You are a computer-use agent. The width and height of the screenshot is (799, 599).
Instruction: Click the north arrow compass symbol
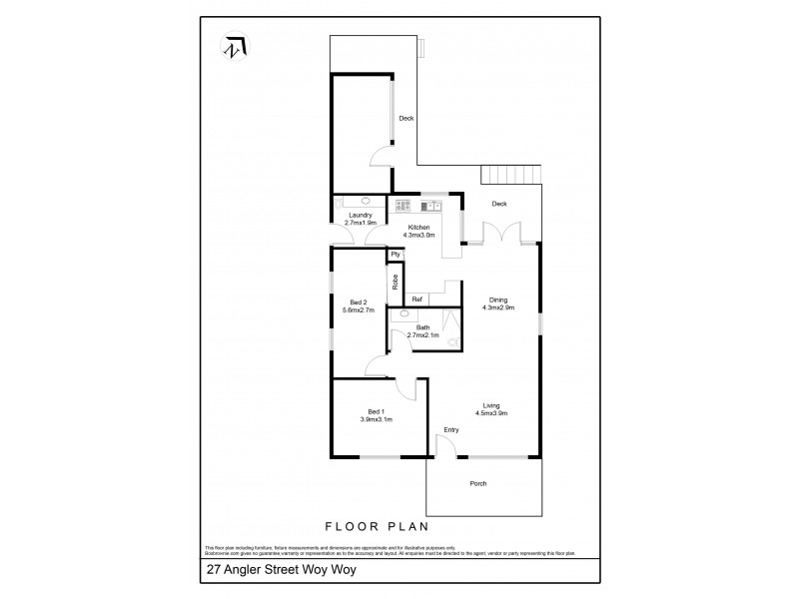click(x=234, y=47)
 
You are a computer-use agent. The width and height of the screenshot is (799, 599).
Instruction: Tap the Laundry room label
click(x=361, y=219)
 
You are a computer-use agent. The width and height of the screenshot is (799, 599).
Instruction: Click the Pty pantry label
click(x=396, y=255)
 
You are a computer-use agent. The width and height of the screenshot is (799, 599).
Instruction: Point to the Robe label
click(x=396, y=282)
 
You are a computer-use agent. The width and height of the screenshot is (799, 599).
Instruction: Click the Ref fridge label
click(x=416, y=299)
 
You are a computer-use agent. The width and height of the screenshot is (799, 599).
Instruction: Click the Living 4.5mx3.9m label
click(x=491, y=408)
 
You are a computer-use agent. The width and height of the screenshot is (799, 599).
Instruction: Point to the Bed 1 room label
click(x=376, y=415)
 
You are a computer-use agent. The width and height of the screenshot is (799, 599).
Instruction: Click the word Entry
click(x=451, y=430)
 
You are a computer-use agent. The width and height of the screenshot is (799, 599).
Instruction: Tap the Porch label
click(x=477, y=486)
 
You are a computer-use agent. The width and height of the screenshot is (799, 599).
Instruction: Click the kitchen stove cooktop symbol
click(x=403, y=207)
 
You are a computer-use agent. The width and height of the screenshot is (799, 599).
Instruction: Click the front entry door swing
click(x=445, y=447)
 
